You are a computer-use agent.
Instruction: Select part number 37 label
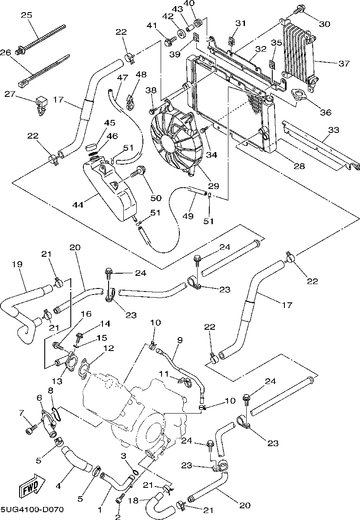(344, 63)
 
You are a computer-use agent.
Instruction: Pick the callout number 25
(27, 16)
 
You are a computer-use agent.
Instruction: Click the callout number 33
(334, 129)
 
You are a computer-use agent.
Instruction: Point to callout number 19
(17, 264)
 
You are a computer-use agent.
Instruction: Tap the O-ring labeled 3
(135, 472)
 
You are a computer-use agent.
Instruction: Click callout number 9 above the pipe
(179, 339)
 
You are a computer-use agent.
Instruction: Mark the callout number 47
(123, 77)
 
